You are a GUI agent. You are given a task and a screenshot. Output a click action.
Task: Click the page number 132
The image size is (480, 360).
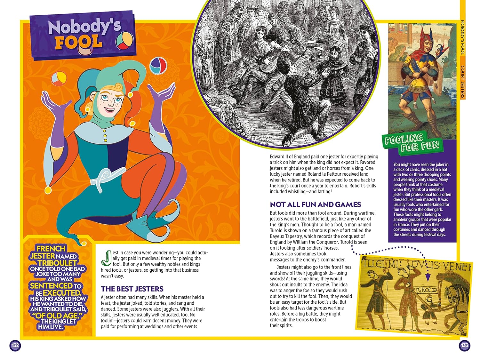[x=15, y=346]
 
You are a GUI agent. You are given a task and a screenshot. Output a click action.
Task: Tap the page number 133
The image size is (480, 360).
[x=464, y=346]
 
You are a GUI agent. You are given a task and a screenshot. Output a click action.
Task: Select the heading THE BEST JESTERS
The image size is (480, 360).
[x=132, y=289]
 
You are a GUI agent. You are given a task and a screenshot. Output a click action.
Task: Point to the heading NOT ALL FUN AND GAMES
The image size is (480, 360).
[x=315, y=205]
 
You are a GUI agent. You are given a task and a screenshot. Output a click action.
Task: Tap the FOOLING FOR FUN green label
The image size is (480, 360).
[x=412, y=143]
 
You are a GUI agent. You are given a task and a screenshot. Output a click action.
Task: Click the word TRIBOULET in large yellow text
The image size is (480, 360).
[x=57, y=263]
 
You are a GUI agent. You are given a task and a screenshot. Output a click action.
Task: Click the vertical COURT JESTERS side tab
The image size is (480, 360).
[x=462, y=82]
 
